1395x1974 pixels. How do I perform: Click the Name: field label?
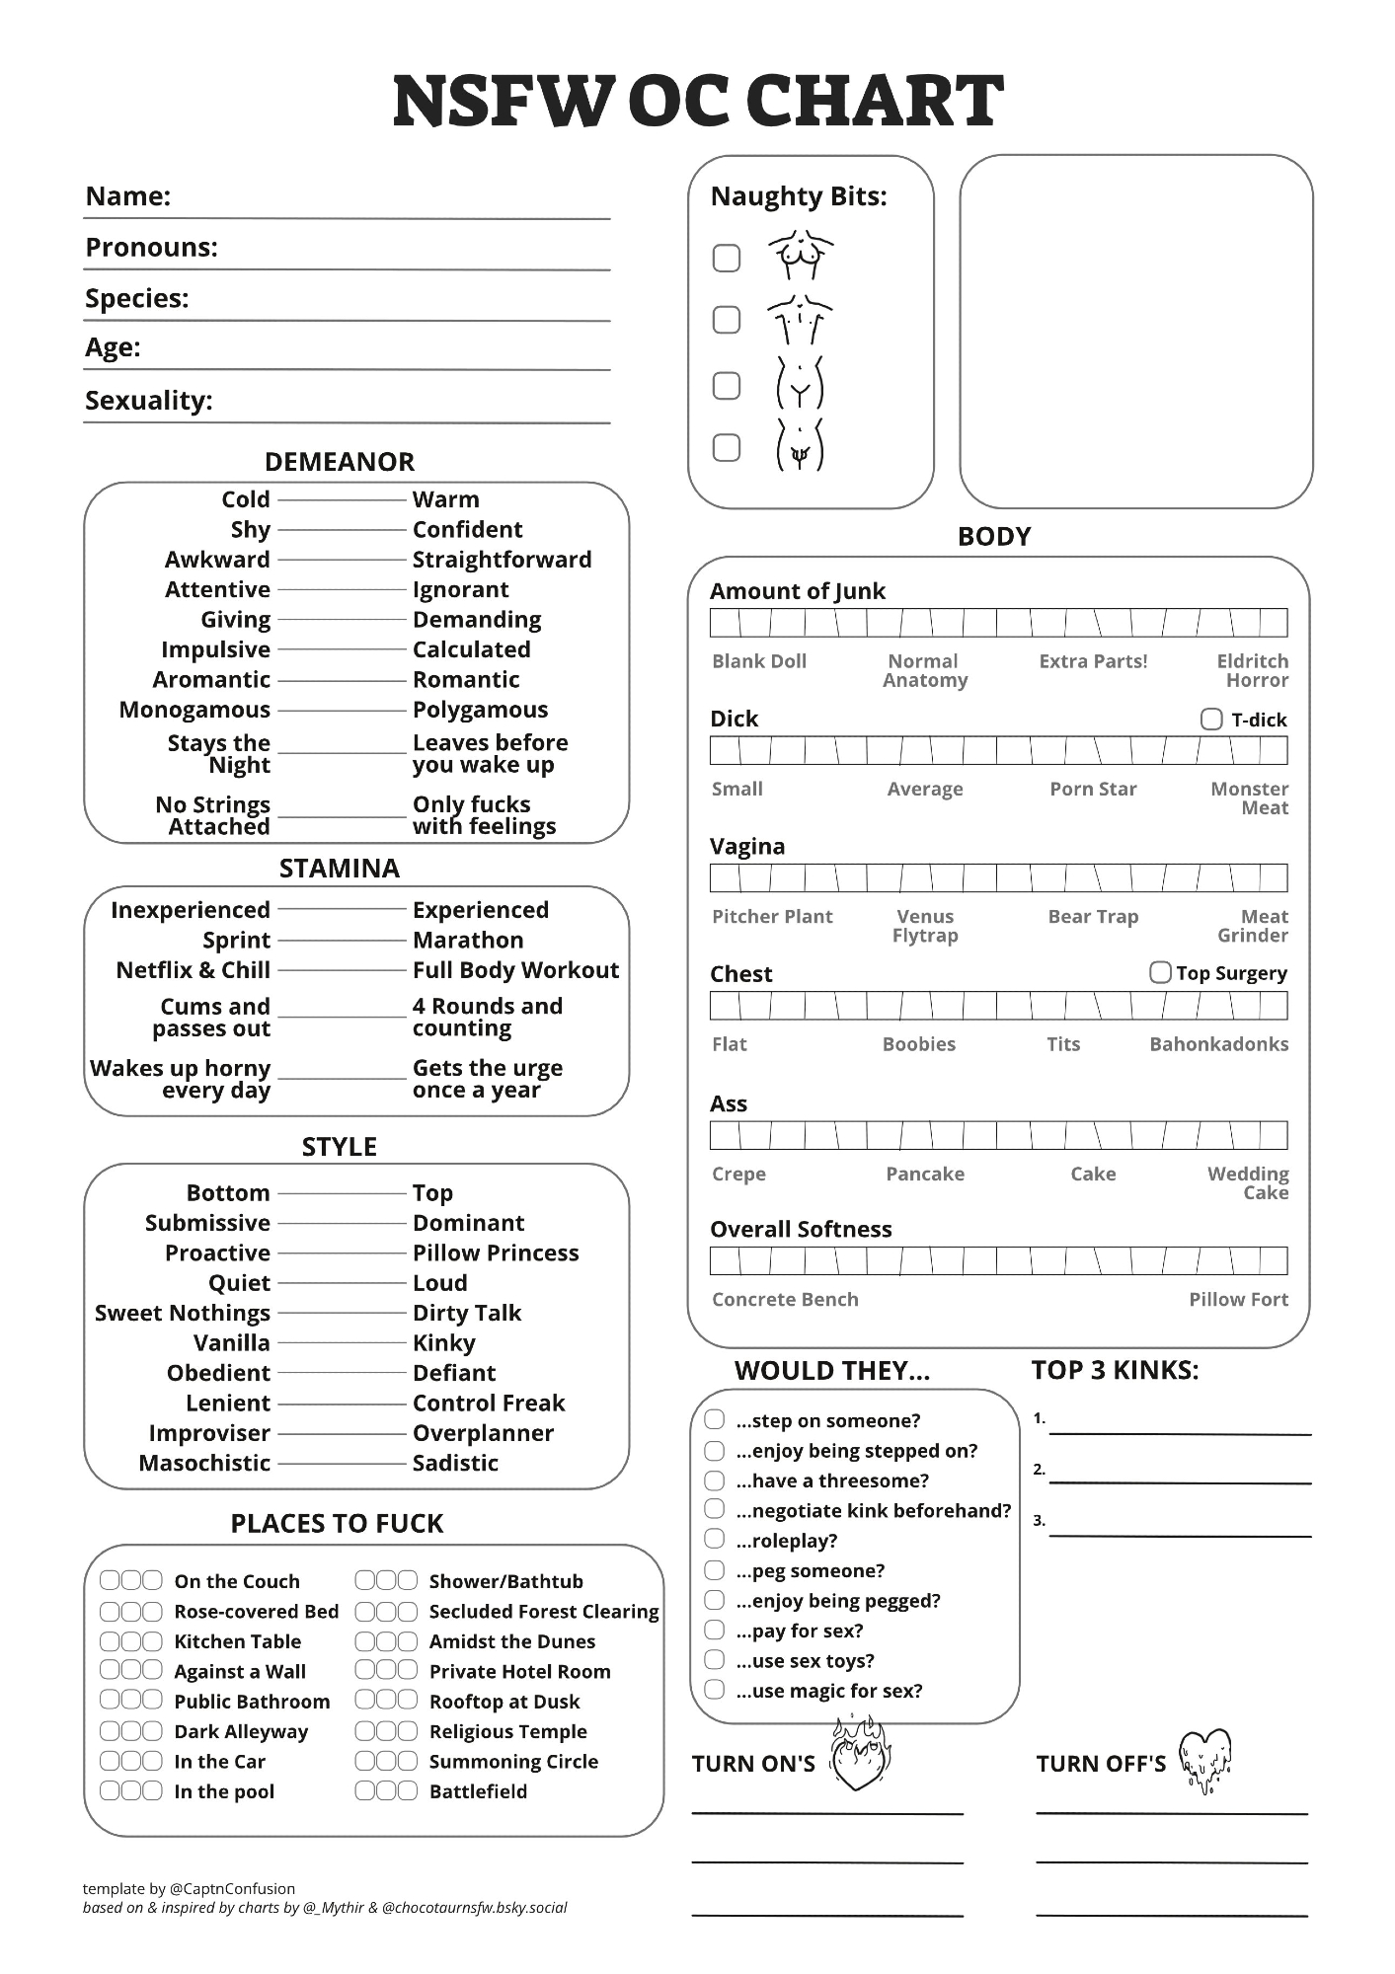click(128, 196)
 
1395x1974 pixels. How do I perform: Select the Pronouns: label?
click(151, 248)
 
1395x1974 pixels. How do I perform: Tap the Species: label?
click(136, 298)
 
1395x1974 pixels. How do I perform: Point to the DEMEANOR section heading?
click(339, 462)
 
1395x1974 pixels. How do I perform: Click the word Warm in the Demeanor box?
click(445, 499)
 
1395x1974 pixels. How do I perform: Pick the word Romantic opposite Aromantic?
click(466, 680)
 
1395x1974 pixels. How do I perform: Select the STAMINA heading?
click(339, 869)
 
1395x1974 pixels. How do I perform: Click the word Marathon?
click(468, 941)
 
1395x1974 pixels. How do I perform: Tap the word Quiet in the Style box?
click(239, 1283)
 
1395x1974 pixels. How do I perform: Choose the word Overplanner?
click(483, 1433)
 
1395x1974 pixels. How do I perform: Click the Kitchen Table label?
click(237, 1641)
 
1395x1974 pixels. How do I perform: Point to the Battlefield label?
click(478, 1791)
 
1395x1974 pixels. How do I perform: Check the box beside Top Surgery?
click(1160, 973)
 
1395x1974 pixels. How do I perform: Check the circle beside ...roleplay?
click(715, 1540)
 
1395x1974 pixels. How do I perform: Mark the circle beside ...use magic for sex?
click(715, 1690)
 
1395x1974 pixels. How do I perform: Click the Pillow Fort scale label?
click(1238, 1300)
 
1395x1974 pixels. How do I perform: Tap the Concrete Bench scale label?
click(785, 1300)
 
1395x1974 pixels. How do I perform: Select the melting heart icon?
click(1204, 1760)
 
